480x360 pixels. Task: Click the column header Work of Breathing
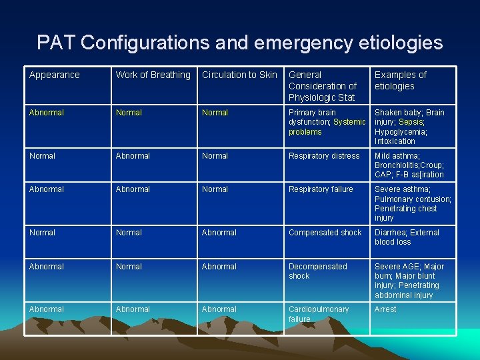[153, 75]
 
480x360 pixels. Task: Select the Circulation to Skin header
[239, 75]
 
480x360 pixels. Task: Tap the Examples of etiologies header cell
[400, 81]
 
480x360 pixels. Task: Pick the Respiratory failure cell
[321, 189]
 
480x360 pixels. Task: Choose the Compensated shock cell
[325, 233]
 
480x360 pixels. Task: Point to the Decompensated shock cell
[317, 271]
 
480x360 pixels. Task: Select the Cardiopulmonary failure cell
[318, 314]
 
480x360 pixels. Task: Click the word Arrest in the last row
[385, 309]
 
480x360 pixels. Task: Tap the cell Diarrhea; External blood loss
[407, 237]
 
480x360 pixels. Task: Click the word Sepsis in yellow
[411, 123]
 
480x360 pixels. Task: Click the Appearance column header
[54, 75]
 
